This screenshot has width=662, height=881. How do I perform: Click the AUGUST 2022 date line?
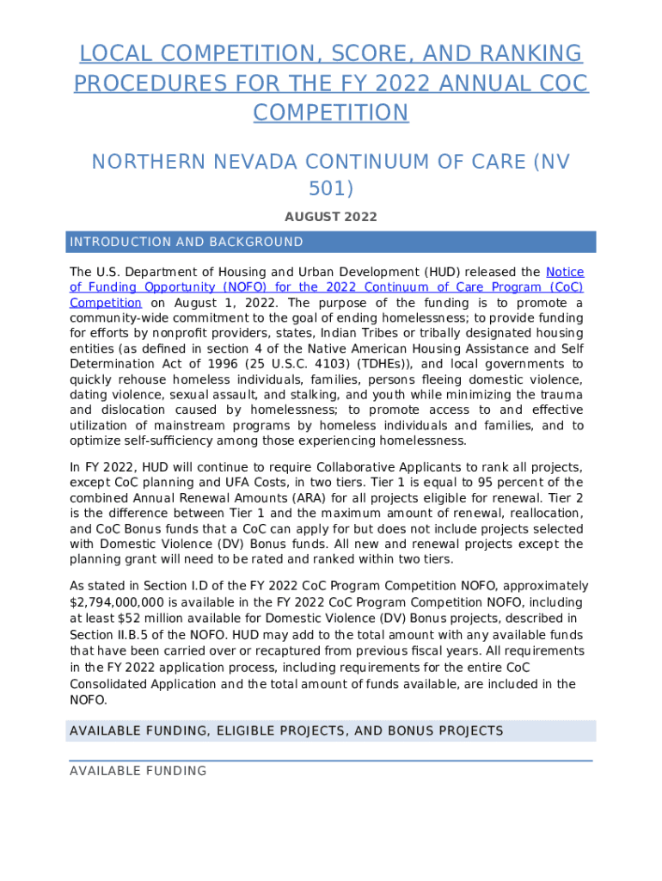pyautogui.click(x=331, y=218)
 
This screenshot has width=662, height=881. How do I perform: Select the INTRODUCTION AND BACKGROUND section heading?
pyautogui.click(x=186, y=242)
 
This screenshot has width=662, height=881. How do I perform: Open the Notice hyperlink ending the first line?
pyautogui.click(x=565, y=272)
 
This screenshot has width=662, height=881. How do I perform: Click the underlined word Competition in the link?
pyautogui.click(x=105, y=303)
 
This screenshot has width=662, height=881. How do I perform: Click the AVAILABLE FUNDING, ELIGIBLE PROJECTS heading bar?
pyautogui.click(x=285, y=731)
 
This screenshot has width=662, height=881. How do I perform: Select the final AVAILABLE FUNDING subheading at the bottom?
pyautogui.click(x=138, y=771)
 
